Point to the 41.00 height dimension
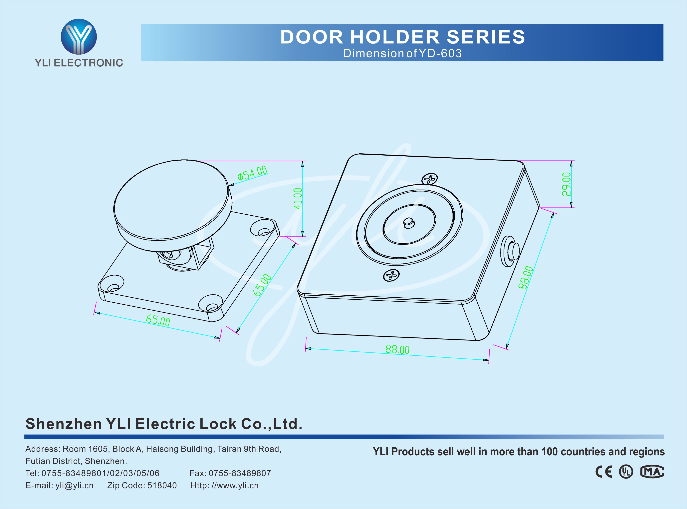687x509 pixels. click(x=298, y=199)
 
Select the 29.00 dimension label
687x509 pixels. click(x=567, y=184)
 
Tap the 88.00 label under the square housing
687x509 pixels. click(x=397, y=350)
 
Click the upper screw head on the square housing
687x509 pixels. click(x=430, y=179)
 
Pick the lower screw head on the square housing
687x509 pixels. click(x=391, y=275)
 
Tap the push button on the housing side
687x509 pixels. click(x=513, y=251)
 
